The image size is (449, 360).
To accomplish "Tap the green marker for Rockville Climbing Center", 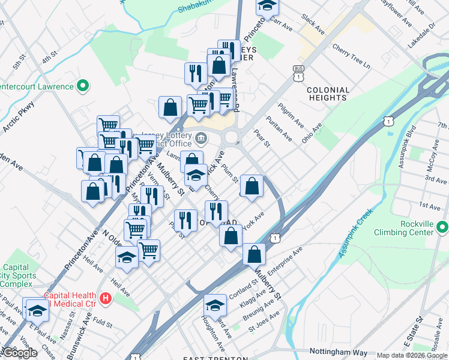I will pyautogui.click(x=442, y=227).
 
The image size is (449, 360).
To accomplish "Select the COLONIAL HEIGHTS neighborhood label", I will pyautogui.click(x=327, y=94).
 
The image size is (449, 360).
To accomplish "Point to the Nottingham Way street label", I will pyautogui.click(x=337, y=352).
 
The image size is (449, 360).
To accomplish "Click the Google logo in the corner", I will pyautogui.click(x=19, y=352).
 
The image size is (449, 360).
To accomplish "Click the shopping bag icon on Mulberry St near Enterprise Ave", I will pyautogui.click(x=255, y=254).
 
